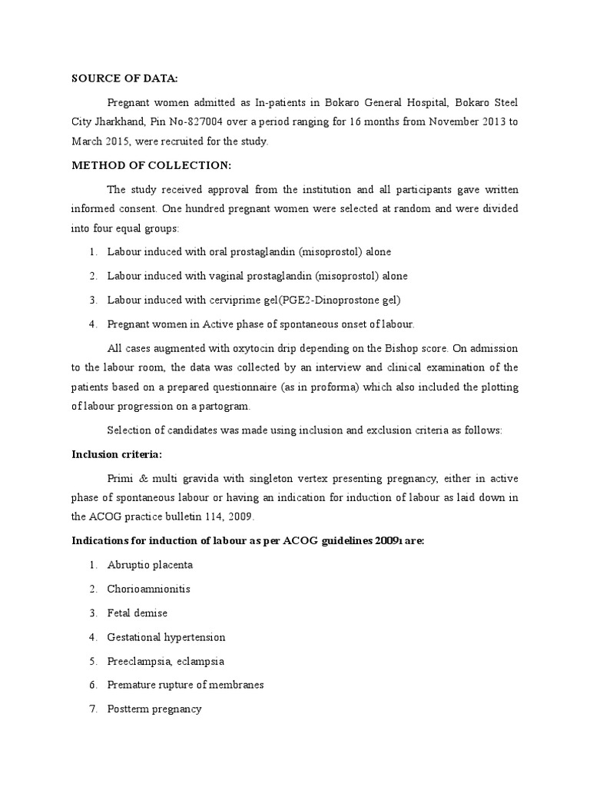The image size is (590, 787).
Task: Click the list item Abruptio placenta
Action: [x=150, y=565]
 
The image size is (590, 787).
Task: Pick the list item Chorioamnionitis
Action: [x=148, y=589]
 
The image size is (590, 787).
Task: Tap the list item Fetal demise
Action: [x=137, y=613]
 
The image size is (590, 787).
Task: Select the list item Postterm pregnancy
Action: [x=154, y=709]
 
